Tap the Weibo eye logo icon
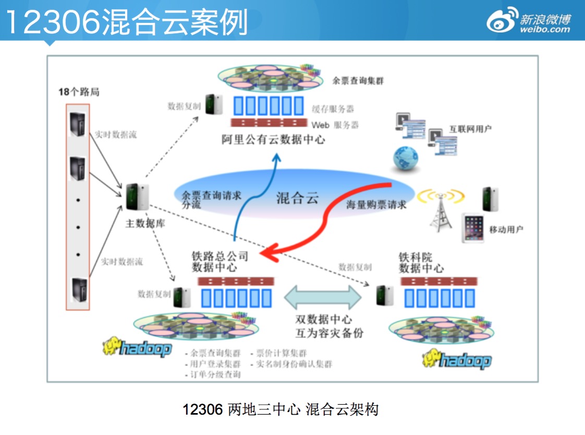tap(502, 20)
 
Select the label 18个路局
tap(78, 92)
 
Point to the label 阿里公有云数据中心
tap(273, 140)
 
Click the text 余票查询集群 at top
tap(358, 81)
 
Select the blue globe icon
tap(406, 158)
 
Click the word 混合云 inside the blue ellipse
tap(297, 198)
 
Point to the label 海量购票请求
tap(376, 205)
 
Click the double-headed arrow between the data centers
tap(323, 297)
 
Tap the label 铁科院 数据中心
tap(421, 263)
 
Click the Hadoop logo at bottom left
tap(137, 347)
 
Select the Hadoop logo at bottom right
tap(457, 359)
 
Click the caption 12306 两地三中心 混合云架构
tap(281, 409)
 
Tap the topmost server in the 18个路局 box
tap(78, 124)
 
